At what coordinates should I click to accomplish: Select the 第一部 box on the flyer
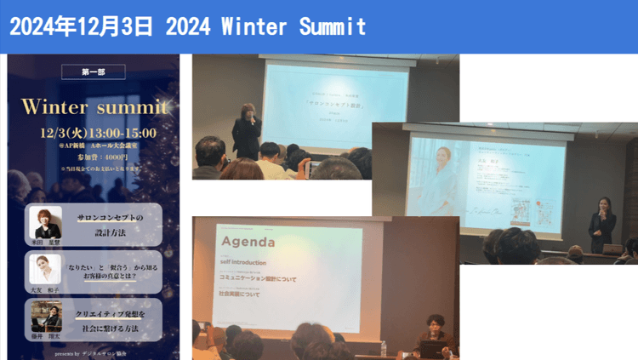click(94, 72)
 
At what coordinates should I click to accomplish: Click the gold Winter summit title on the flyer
click(94, 107)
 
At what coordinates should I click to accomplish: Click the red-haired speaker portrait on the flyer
click(47, 222)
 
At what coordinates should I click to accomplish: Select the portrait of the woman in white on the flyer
click(46, 270)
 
